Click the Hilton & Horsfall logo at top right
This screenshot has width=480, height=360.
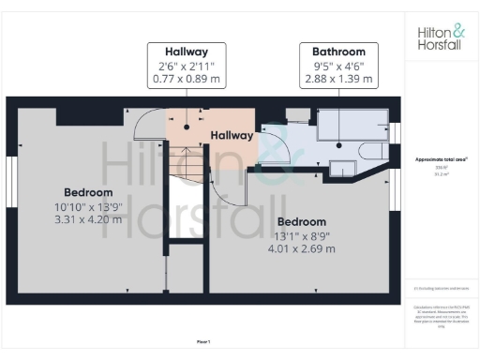(x=441, y=37)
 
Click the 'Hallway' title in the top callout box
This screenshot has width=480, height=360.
(x=186, y=51)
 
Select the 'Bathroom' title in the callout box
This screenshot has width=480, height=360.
(x=338, y=51)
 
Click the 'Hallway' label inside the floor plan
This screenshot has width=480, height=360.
(x=232, y=136)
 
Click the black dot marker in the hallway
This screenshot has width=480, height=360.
(x=186, y=127)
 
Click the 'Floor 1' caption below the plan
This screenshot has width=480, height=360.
(x=203, y=343)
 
